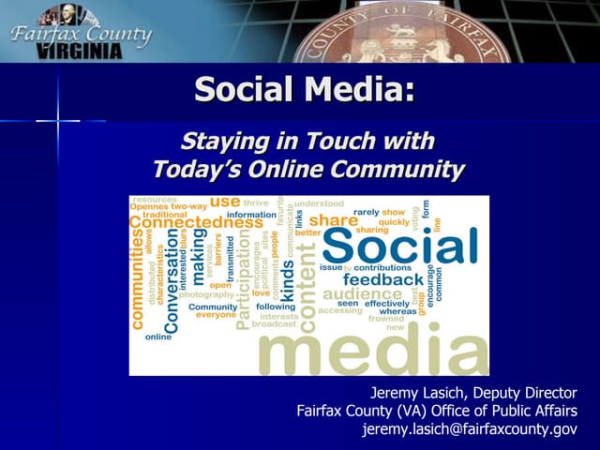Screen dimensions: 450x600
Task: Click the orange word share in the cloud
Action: [334, 220]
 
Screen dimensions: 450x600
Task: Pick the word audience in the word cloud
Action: [362, 294]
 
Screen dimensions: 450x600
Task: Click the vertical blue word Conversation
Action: [172, 281]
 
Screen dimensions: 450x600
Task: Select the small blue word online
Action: [158, 337]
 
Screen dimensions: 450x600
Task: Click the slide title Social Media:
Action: [304, 91]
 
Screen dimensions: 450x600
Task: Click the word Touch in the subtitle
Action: [336, 142]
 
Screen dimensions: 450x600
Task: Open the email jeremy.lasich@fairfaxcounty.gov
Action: [469, 429]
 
